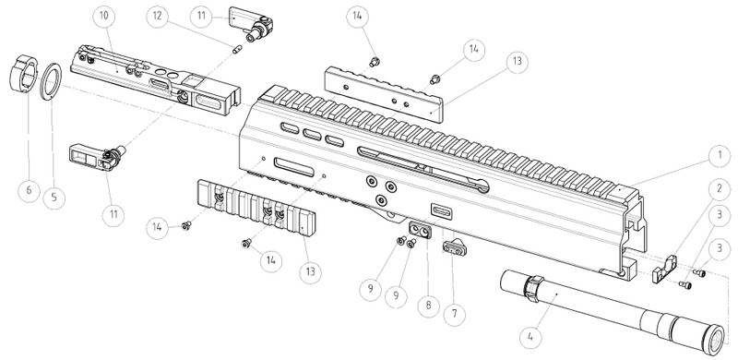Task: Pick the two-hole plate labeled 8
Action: coord(421,228)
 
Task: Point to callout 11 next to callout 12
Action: coord(199,18)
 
